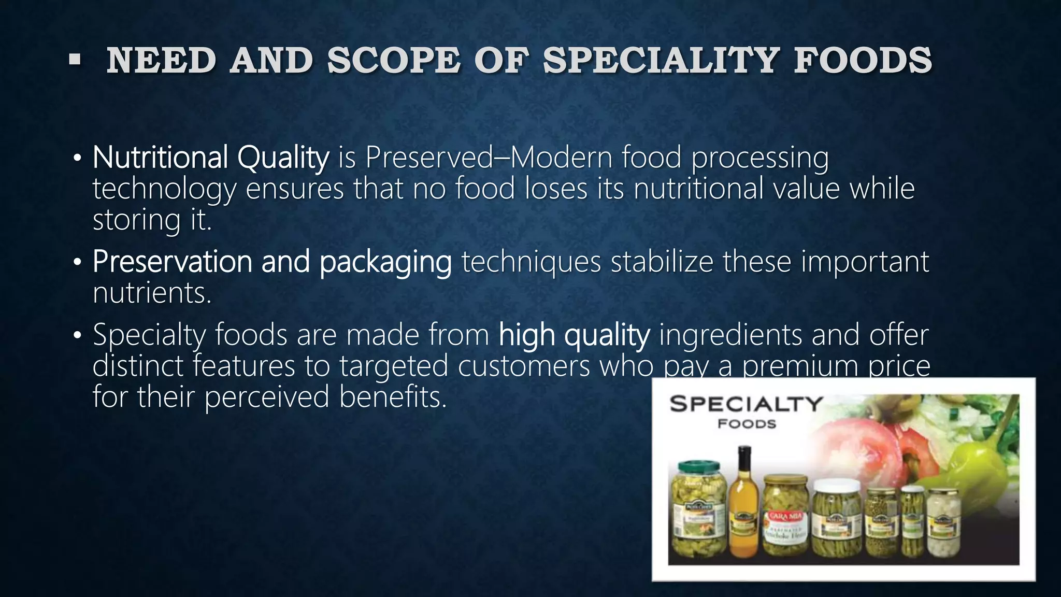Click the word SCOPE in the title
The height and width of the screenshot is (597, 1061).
393,61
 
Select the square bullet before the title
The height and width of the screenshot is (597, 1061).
75,61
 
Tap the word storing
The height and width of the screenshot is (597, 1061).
136,220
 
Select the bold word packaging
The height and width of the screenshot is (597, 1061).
385,262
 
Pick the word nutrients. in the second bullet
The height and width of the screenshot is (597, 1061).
152,293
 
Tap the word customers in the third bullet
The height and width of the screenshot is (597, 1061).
524,366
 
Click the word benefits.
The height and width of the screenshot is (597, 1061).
393,397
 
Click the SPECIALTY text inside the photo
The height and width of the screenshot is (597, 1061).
746,404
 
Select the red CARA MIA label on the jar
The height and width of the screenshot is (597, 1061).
785,516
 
